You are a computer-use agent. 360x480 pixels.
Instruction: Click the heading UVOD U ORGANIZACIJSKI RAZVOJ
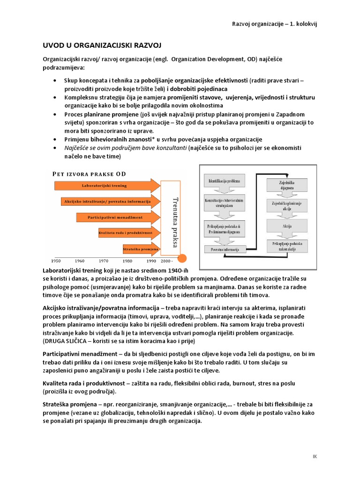point(102,45)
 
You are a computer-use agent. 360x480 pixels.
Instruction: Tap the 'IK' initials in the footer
point(315,456)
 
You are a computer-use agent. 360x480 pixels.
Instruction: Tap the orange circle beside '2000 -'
point(183,257)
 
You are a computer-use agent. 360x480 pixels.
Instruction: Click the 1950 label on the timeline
point(56,261)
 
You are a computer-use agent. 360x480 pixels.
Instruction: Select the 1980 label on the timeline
point(127,261)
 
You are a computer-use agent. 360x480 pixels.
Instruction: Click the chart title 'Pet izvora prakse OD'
point(89,174)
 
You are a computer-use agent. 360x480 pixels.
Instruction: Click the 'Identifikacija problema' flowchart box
point(224,180)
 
